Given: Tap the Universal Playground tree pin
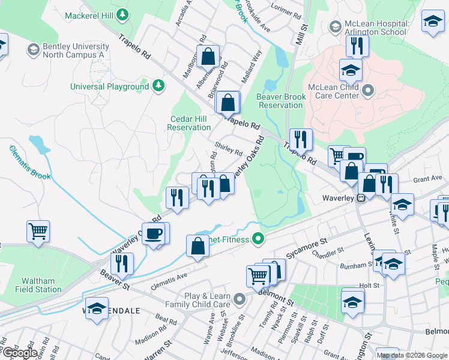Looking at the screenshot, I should [x=158, y=86].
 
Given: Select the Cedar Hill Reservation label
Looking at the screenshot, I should [x=189, y=123].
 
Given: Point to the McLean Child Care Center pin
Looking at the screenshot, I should [x=369, y=91].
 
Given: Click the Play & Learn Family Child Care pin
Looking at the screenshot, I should [x=240, y=299].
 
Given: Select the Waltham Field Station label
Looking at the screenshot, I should [x=38, y=285].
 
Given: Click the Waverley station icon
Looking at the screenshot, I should [x=361, y=198].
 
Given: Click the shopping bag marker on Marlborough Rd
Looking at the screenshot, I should [x=208, y=57].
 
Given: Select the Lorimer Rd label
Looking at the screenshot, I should [x=285, y=11].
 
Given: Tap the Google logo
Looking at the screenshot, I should [x=20, y=353].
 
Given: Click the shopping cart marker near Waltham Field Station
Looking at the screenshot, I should [x=38, y=231].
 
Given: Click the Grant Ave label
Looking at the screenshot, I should [x=427, y=179].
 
